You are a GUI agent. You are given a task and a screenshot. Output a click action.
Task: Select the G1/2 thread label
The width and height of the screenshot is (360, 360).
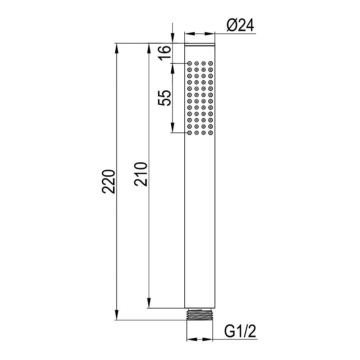(x=240, y=331)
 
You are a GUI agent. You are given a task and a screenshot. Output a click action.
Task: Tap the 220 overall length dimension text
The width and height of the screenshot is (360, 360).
(x=108, y=181)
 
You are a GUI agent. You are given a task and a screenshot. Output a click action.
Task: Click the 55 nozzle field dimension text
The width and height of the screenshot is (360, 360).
(x=165, y=98)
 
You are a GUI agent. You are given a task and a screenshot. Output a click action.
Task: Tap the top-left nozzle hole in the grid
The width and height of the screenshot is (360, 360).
(x=190, y=63)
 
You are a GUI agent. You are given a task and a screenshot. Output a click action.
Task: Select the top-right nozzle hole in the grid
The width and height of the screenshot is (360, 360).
(x=211, y=63)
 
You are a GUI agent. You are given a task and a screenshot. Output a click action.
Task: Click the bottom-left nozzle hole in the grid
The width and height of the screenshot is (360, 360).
(x=190, y=133)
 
